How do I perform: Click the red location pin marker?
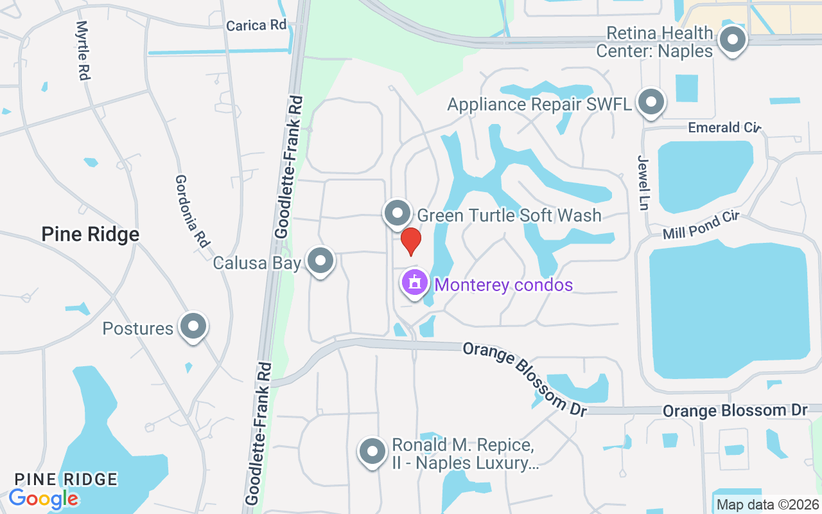click(x=410, y=241)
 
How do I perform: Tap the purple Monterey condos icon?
click(x=415, y=283)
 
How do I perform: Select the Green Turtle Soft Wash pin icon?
click(x=398, y=213)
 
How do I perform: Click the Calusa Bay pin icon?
click(x=320, y=261)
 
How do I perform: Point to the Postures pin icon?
click(x=193, y=327)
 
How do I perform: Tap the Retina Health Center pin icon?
click(x=732, y=40)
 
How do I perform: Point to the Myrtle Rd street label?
click(x=82, y=50)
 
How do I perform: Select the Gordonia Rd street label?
click(x=191, y=211)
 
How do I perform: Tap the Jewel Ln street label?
click(x=643, y=182)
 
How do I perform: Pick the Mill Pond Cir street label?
click(x=701, y=224)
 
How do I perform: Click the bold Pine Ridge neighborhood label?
click(x=90, y=235)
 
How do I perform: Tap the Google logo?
click(x=43, y=499)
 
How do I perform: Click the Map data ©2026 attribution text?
click(x=767, y=505)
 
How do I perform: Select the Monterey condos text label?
click(x=503, y=285)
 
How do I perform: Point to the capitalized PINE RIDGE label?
click(x=66, y=479)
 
